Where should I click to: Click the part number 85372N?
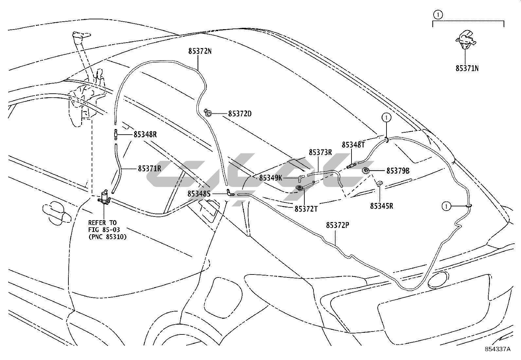200,51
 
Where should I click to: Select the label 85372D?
240,114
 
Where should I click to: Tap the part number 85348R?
145,134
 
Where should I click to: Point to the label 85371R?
149,169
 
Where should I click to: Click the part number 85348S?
199,194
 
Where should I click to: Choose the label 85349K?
271,178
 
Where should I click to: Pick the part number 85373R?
320,152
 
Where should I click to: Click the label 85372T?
306,209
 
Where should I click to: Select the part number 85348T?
353,144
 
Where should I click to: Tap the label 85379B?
398,171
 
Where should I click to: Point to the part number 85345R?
382,206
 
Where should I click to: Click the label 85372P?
337,225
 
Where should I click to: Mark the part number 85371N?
467,68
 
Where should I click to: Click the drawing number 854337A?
497,349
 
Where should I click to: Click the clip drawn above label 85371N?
465,39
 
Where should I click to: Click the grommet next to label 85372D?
207,113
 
